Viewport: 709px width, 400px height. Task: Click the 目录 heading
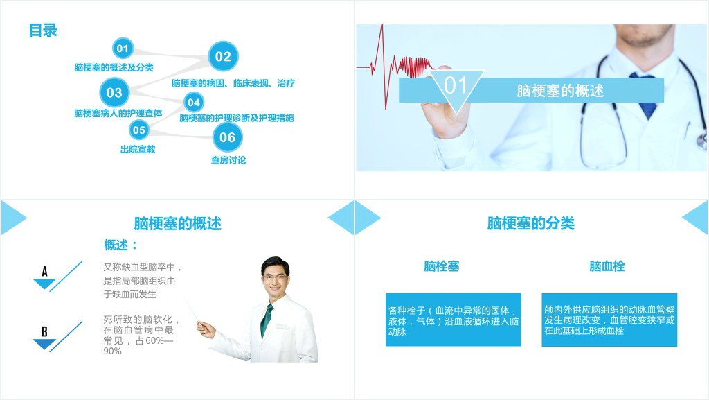click(x=43, y=31)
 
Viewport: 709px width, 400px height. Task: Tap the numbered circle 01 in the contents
click(x=123, y=49)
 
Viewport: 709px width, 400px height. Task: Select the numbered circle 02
click(x=223, y=57)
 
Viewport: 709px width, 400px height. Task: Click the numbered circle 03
click(x=114, y=93)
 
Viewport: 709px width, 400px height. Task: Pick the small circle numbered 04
click(x=193, y=103)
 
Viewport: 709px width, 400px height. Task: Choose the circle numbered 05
click(x=139, y=130)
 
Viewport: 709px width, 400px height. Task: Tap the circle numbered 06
click(x=227, y=137)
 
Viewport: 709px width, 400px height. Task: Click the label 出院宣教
click(x=138, y=149)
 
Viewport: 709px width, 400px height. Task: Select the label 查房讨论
click(x=228, y=160)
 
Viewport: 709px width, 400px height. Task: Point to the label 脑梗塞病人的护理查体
click(x=118, y=113)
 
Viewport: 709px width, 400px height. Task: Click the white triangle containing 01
click(x=456, y=86)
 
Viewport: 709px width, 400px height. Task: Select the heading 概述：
click(x=121, y=245)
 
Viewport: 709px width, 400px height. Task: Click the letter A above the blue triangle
click(x=45, y=271)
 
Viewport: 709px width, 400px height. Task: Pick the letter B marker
click(x=44, y=331)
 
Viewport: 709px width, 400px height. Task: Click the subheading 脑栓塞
click(x=442, y=266)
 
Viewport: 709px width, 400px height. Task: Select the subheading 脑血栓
click(x=607, y=266)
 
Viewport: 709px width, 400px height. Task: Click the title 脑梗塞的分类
click(x=531, y=223)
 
